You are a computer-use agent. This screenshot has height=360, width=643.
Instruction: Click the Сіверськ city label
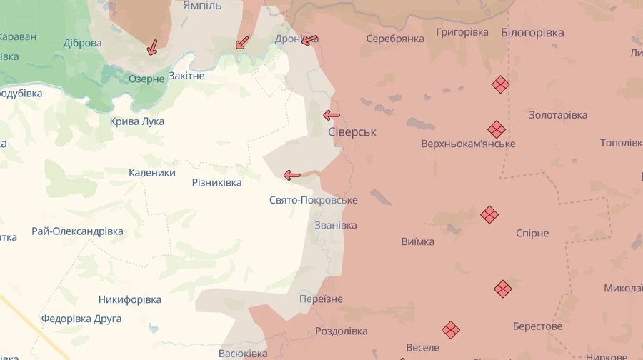pos(352,132)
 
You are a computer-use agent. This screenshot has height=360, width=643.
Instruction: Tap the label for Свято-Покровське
pos(313,200)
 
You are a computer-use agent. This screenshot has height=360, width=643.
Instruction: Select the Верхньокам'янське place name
pos(468,144)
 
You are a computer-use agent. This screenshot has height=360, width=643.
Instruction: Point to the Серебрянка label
pos(395,39)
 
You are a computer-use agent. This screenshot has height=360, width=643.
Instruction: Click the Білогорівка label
pos(532,33)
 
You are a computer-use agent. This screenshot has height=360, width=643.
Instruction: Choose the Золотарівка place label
pos(558,115)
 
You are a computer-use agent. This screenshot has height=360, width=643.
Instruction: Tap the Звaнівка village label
pos(336,225)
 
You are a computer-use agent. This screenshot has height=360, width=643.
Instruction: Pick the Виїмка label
pos(417,241)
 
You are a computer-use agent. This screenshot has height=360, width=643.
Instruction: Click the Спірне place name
pos(532,234)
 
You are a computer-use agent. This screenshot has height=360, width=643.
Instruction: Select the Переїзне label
pos(321,299)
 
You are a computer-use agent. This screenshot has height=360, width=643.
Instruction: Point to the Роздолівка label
pos(341,331)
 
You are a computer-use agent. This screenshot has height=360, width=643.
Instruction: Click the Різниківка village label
pos(216,183)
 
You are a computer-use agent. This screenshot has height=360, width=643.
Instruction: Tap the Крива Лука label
pos(137,121)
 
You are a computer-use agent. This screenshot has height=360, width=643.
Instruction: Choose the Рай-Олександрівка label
pos(77,231)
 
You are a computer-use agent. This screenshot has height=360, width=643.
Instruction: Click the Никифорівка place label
pos(130,300)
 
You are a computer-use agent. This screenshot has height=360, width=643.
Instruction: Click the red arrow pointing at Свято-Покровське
pos(291,175)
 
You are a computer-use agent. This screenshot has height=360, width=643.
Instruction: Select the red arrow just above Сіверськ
pos(331,115)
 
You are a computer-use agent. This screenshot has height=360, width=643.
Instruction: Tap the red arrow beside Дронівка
pos(309,40)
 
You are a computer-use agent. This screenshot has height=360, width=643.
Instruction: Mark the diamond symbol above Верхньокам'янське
pos(497,129)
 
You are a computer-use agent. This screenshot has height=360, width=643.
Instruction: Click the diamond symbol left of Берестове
pos(503,289)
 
